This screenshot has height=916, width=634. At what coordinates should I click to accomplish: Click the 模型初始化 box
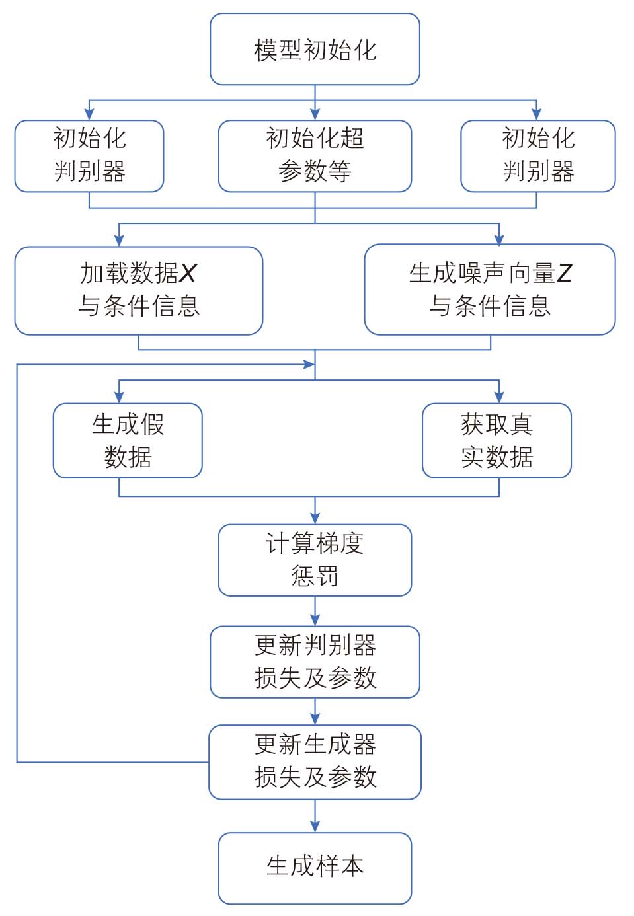315,49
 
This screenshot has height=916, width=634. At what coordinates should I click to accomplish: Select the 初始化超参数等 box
315,156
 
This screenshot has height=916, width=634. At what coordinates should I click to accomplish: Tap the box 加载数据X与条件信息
139,291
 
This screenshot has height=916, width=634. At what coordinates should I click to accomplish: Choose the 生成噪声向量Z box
490,289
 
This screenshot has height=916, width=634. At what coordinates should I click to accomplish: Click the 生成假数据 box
128,440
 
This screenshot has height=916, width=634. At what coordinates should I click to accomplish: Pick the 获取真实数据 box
496,440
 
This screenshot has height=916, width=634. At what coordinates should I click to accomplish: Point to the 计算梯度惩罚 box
315,560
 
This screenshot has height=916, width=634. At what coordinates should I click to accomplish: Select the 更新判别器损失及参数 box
315,662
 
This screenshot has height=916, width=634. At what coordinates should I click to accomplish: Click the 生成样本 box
315,868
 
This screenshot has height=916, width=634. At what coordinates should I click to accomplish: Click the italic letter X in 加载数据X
188,273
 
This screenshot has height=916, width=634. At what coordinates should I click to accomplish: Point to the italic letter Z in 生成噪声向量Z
563,273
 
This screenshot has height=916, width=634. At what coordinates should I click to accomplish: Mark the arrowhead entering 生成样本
315,827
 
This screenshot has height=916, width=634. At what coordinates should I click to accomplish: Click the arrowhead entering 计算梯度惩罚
315,518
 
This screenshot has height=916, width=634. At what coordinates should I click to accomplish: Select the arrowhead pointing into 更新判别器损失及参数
315,620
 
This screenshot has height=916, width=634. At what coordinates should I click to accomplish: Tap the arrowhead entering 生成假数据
119,397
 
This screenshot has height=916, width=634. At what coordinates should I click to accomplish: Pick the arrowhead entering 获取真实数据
499,397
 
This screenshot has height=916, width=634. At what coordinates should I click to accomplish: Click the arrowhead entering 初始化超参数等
315,114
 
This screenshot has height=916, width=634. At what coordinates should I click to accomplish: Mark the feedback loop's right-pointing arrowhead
309,364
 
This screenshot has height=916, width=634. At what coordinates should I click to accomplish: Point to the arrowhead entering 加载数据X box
119,241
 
